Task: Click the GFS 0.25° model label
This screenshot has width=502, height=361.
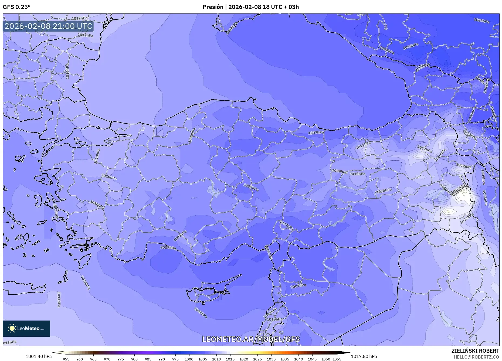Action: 16,7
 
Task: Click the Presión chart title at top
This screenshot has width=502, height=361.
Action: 251,7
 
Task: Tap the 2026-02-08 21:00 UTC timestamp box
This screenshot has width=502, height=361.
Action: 48,26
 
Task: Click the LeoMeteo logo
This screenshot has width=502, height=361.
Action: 26,328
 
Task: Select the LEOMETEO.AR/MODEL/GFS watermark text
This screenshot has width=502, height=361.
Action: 251,339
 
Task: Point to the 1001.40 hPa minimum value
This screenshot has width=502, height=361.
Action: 39,356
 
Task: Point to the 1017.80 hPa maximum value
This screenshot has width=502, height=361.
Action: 364,356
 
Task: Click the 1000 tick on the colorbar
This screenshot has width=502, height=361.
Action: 189,359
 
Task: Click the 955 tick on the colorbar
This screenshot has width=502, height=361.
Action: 66,359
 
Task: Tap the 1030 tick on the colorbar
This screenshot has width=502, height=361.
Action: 271,359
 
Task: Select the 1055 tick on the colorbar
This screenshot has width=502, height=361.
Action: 337,359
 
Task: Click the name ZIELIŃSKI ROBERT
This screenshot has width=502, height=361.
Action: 475,351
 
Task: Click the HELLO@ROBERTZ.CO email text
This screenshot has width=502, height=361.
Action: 476,357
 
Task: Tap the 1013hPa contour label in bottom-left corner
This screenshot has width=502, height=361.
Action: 10,342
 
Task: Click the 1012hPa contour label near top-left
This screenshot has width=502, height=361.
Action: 80,18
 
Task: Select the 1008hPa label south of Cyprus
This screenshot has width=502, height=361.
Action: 201,313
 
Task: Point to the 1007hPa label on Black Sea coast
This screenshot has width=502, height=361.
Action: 316,133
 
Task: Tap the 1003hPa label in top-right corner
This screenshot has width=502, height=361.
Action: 481,21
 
